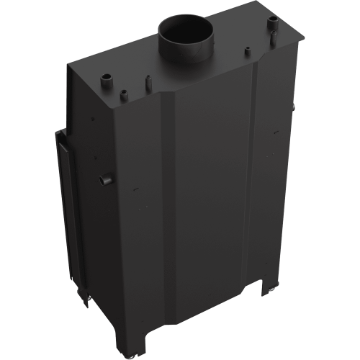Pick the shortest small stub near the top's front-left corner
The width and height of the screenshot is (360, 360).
(x=125, y=92)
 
